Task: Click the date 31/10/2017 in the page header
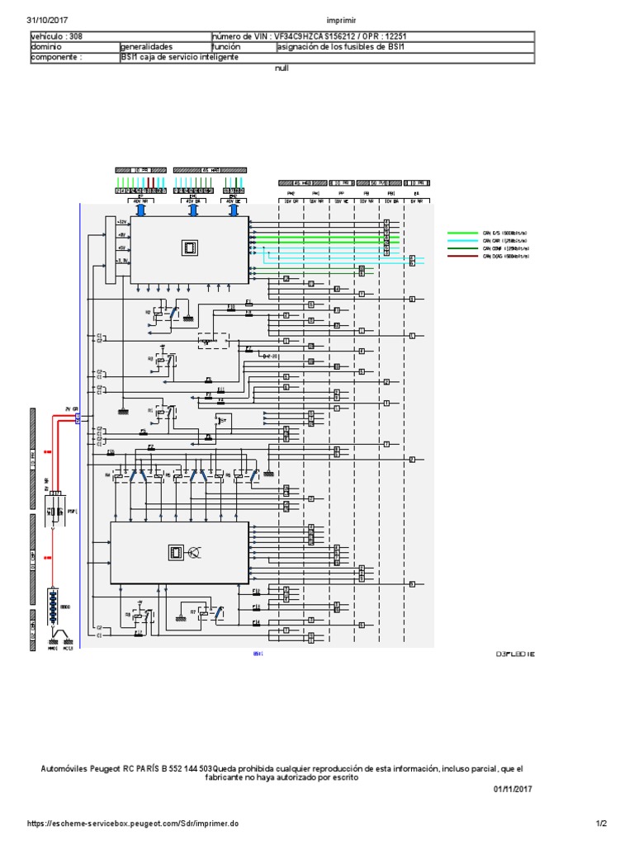tap(47, 19)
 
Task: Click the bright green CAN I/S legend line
tap(463, 234)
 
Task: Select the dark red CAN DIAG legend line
tap(463, 257)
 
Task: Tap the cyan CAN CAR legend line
tap(463, 241)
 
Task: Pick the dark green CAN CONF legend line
tap(463, 249)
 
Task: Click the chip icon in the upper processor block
tap(189, 247)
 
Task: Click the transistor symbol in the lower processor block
tap(196, 552)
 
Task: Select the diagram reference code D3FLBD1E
tap(517, 653)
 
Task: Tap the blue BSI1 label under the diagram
tap(257, 653)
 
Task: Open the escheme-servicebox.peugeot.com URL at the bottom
tap(133, 824)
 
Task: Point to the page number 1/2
tap(601, 824)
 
